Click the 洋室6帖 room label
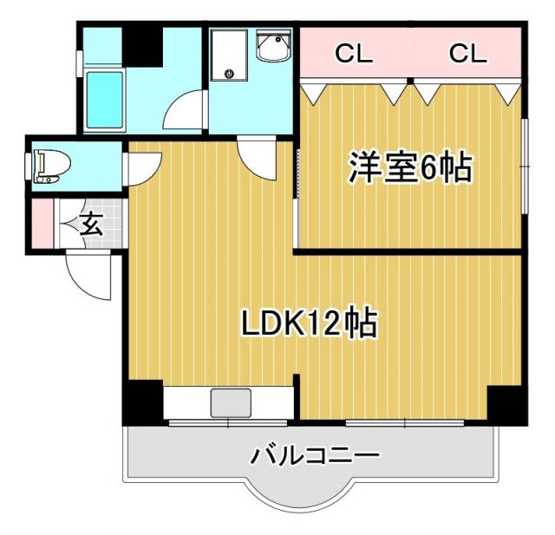[x=410, y=167]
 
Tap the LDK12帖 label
[x=308, y=323]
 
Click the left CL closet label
[x=354, y=55]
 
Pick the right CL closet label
[x=467, y=55]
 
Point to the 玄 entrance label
[x=90, y=225]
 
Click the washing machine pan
[x=229, y=55]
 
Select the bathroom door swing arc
[x=185, y=113]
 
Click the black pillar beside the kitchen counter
[x=144, y=401]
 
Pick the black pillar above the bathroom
[x=143, y=46]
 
